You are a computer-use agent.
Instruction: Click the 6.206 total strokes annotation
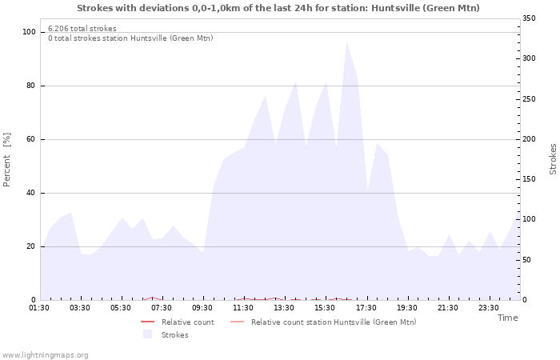[82, 29]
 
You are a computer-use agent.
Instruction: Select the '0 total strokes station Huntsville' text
[130, 38]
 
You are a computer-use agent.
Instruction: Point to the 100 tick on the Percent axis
[30, 32]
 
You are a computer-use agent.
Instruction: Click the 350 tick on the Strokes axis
[529, 18]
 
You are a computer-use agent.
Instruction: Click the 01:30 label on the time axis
[39, 308]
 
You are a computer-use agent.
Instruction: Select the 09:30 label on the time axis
[203, 308]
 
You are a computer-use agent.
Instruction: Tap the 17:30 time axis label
[366, 308]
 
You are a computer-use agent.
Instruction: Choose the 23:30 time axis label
[489, 308]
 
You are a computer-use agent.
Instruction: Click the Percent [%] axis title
[8, 160]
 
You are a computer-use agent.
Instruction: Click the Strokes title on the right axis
[553, 159]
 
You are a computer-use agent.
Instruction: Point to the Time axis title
[507, 318]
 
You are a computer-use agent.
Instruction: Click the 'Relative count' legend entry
[187, 322]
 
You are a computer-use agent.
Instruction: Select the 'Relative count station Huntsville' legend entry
[333, 322]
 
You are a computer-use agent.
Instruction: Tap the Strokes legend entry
[174, 335]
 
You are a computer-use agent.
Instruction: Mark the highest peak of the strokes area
[346, 42]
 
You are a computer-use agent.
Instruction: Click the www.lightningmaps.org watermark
[46, 355]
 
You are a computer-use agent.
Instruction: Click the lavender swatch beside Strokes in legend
[147, 334]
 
